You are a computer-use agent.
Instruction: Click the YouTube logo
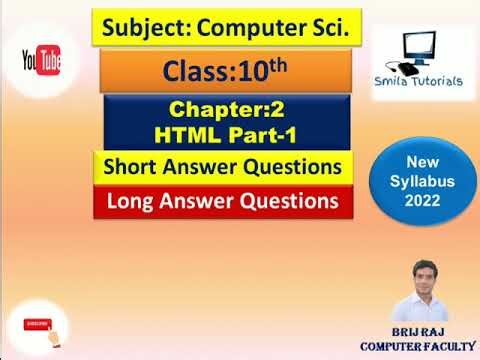(x=44, y=63)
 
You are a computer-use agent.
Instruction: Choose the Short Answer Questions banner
(x=224, y=166)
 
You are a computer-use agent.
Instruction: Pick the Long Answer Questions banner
(x=224, y=200)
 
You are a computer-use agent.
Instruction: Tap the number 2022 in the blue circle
(x=421, y=201)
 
